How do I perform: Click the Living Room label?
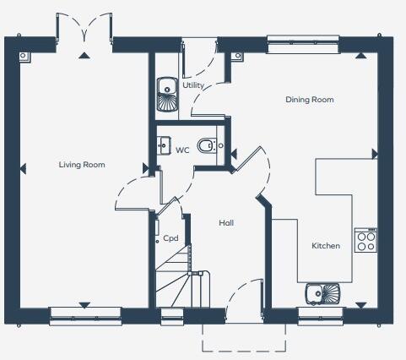[82, 165]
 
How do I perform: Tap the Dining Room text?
[309, 100]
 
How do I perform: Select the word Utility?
[193, 85]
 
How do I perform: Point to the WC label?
[182, 150]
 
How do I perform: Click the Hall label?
[226, 223]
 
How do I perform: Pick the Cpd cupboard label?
[171, 238]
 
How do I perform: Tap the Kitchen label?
[326, 246]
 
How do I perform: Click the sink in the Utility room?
[165, 95]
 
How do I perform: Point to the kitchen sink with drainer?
[322, 293]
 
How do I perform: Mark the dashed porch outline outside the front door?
[245, 340]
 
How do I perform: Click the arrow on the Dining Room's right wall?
[375, 154]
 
